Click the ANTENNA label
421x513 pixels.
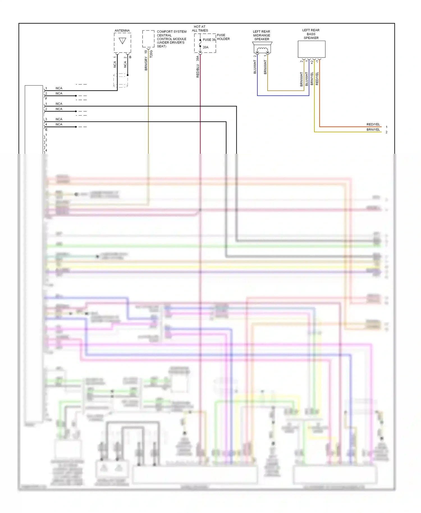pos(122,31)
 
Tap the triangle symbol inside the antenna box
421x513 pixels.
pos(122,41)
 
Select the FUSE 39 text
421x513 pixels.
pos(209,40)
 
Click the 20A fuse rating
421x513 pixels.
pos(206,47)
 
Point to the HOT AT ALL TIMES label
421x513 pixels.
pos(200,29)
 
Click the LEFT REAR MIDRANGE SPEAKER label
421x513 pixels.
pos(262,35)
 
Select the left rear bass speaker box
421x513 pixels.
pos(312,49)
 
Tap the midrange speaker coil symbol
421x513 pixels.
pos(262,50)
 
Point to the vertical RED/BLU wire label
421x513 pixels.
pos(198,71)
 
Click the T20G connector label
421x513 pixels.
pos(151,54)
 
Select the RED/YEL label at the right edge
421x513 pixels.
pos(373,124)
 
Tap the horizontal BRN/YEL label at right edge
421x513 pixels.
pos(373,130)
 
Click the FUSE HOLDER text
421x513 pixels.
pos(223,37)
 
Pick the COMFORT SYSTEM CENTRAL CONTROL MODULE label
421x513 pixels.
pos(171,39)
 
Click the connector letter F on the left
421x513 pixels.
pos(46,99)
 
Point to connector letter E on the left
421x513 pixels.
pos(46,130)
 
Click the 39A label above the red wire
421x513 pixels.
pos(198,58)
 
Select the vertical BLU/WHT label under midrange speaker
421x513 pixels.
pos(255,67)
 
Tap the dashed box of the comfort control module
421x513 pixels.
pos(148,39)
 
